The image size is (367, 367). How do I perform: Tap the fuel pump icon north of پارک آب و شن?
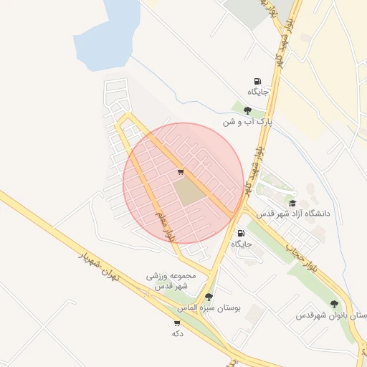pyautogui.click(x=257, y=81)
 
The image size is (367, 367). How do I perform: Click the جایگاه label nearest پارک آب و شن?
pyautogui.click(x=258, y=92)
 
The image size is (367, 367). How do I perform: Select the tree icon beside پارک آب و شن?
pyautogui.click(x=247, y=110)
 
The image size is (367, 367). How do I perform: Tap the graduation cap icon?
pyautogui.click(x=292, y=203)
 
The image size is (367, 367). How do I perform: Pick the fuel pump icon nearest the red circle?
pyautogui.click(x=240, y=233)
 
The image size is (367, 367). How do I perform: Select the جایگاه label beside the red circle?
pyautogui.click(x=242, y=244)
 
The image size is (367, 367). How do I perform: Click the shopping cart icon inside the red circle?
pyautogui.click(x=180, y=172)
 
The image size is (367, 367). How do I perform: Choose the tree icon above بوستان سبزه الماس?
pyautogui.click(x=209, y=296)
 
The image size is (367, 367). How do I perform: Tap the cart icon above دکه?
pyautogui.click(x=176, y=322)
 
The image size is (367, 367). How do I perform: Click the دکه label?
pyautogui.click(x=176, y=333)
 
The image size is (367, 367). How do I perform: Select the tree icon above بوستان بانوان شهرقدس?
pyautogui.click(x=334, y=304)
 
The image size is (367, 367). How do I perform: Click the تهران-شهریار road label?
pyautogui.click(x=97, y=264)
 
